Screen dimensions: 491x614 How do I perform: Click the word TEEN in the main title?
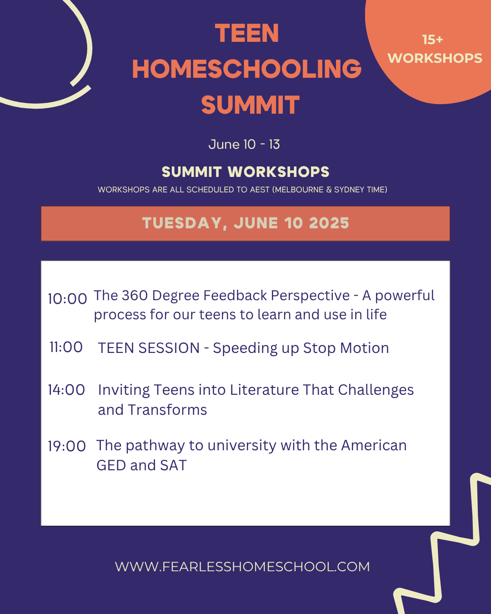tap(247, 33)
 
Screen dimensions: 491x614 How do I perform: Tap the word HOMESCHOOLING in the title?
tap(247, 69)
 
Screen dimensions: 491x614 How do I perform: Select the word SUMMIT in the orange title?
tap(250, 105)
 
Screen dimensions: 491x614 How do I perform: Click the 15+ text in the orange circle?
tap(432, 40)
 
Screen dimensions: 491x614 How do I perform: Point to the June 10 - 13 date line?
tap(244, 144)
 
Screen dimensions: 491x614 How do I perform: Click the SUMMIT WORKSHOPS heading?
tap(245, 172)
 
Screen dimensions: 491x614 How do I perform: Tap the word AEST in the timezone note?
tap(260, 190)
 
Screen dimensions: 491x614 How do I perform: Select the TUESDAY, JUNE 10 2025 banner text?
tap(245, 223)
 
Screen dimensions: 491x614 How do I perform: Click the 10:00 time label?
tap(67, 299)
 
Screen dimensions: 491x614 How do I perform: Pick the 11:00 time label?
tap(66, 347)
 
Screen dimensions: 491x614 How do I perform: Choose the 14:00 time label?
tap(66, 390)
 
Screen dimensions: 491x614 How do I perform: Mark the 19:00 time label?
tap(67, 446)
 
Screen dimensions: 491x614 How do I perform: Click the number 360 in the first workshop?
tap(135, 295)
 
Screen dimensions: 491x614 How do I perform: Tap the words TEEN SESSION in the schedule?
tap(149, 348)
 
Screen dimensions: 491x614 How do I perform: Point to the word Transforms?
tap(167, 410)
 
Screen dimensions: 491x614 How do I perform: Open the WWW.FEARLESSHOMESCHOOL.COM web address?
tap(242, 567)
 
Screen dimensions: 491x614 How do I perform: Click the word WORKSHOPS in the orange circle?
tap(435, 58)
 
